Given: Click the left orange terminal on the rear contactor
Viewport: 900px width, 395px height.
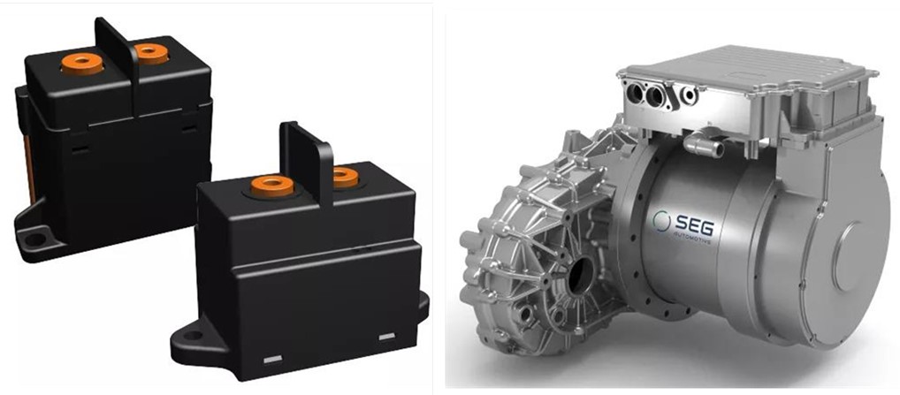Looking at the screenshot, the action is pos(82,63).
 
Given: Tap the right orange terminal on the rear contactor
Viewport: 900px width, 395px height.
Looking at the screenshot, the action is pos(150,52).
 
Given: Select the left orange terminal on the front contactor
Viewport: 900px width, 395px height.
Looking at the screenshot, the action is pos(272,186).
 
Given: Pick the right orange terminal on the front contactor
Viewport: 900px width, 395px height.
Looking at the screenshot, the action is pos(345,177).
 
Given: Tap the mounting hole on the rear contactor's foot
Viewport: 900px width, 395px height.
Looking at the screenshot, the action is pos(35,239).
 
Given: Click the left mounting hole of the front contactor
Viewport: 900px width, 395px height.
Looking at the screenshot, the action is pos(194,336).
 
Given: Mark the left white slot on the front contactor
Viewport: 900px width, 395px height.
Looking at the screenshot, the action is pos(272,360).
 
